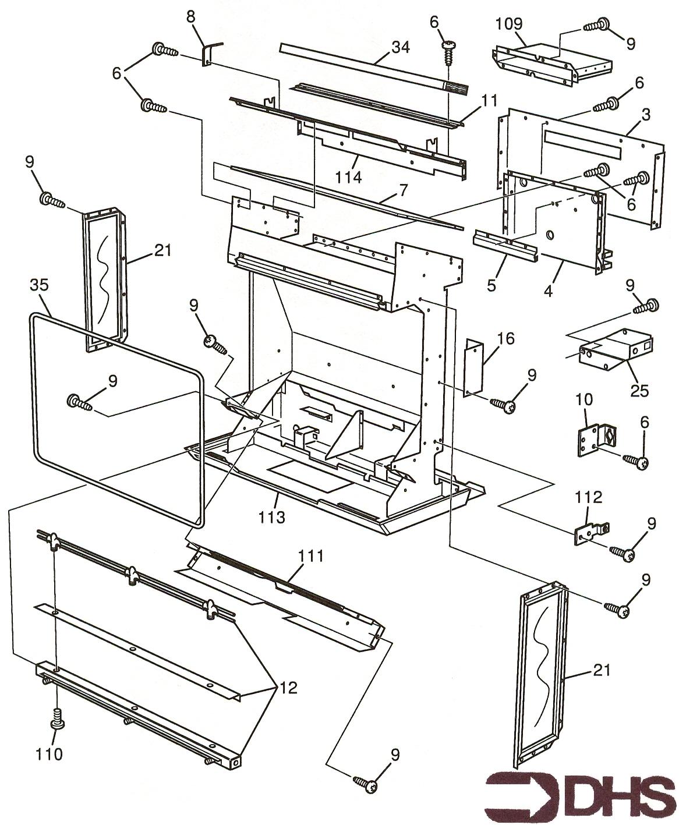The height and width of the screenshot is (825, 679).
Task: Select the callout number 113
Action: click(x=273, y=516)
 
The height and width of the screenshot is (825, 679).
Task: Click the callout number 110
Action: click(x=49, y=754)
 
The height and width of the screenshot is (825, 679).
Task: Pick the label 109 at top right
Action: click(x=509, y=24)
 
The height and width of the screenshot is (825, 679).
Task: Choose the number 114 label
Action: click(x=348, y=176)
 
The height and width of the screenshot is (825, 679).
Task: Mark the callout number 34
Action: click(x=400, y=47)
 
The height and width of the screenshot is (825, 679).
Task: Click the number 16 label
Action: click(x=505, y=338)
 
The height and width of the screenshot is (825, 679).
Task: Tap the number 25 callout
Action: click(x=639, y=390)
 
